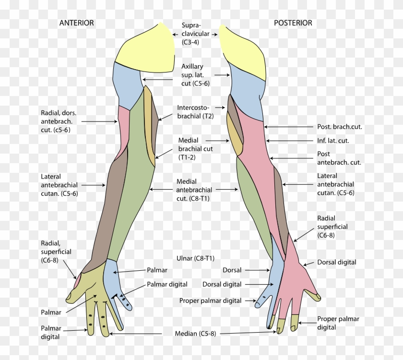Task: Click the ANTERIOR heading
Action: coord(76,23)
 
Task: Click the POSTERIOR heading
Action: coord(293,23)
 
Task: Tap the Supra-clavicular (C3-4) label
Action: coord(195,34)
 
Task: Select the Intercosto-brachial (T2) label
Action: coord(195,112)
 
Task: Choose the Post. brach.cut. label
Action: coord(339,127)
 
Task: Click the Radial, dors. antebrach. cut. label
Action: coord(59,121)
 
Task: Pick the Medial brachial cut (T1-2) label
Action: coord(195,149)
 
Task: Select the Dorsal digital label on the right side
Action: coord(336,263)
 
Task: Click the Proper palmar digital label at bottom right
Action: coord(338,323)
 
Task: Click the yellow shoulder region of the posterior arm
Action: coord(245,50)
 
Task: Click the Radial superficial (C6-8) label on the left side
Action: coord(56,252)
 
